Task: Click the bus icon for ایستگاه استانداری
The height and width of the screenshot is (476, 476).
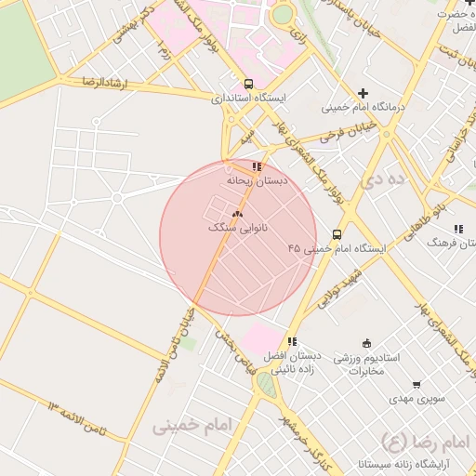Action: point(248,84)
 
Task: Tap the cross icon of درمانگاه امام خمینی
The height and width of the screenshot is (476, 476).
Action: point(363,93)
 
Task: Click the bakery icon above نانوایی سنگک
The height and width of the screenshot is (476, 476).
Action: point(237,214)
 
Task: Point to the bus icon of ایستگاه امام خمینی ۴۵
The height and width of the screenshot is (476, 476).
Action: point(337,234)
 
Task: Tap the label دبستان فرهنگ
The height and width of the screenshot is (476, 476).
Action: point(450,241)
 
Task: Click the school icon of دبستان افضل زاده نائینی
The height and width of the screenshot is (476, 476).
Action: point(292,341)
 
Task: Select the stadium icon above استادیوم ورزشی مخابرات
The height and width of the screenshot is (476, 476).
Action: point(366,343)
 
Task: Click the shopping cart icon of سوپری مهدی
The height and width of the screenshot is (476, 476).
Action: point(416,384)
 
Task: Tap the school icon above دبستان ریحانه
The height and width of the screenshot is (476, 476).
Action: point(257,166)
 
